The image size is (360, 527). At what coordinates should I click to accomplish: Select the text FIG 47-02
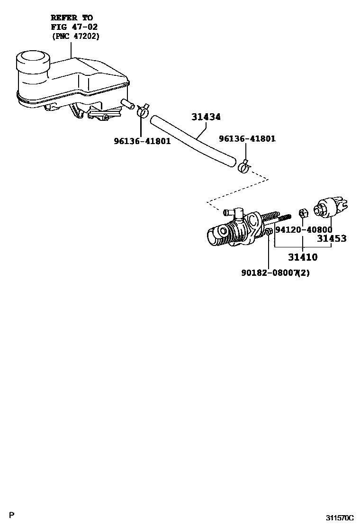tap(74, 27)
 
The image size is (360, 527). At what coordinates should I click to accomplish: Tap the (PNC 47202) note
tap(75, 36)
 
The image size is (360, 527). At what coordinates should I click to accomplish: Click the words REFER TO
tap(72, 18)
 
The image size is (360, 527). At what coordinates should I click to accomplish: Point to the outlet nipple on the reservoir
tap(127, 103)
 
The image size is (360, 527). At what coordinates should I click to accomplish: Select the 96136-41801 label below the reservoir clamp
tap(142, 141)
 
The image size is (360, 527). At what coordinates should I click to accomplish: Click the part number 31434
tap(206, 117)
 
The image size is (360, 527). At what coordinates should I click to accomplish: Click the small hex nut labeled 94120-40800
tap(303, 211)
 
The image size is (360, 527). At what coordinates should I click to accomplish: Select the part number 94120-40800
tap(304, 229)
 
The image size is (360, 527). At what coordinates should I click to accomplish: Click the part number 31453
tap(332, 238)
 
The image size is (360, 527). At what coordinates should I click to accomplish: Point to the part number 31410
tap(303, 257)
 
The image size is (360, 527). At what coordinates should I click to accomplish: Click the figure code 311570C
tap(339, 518)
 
